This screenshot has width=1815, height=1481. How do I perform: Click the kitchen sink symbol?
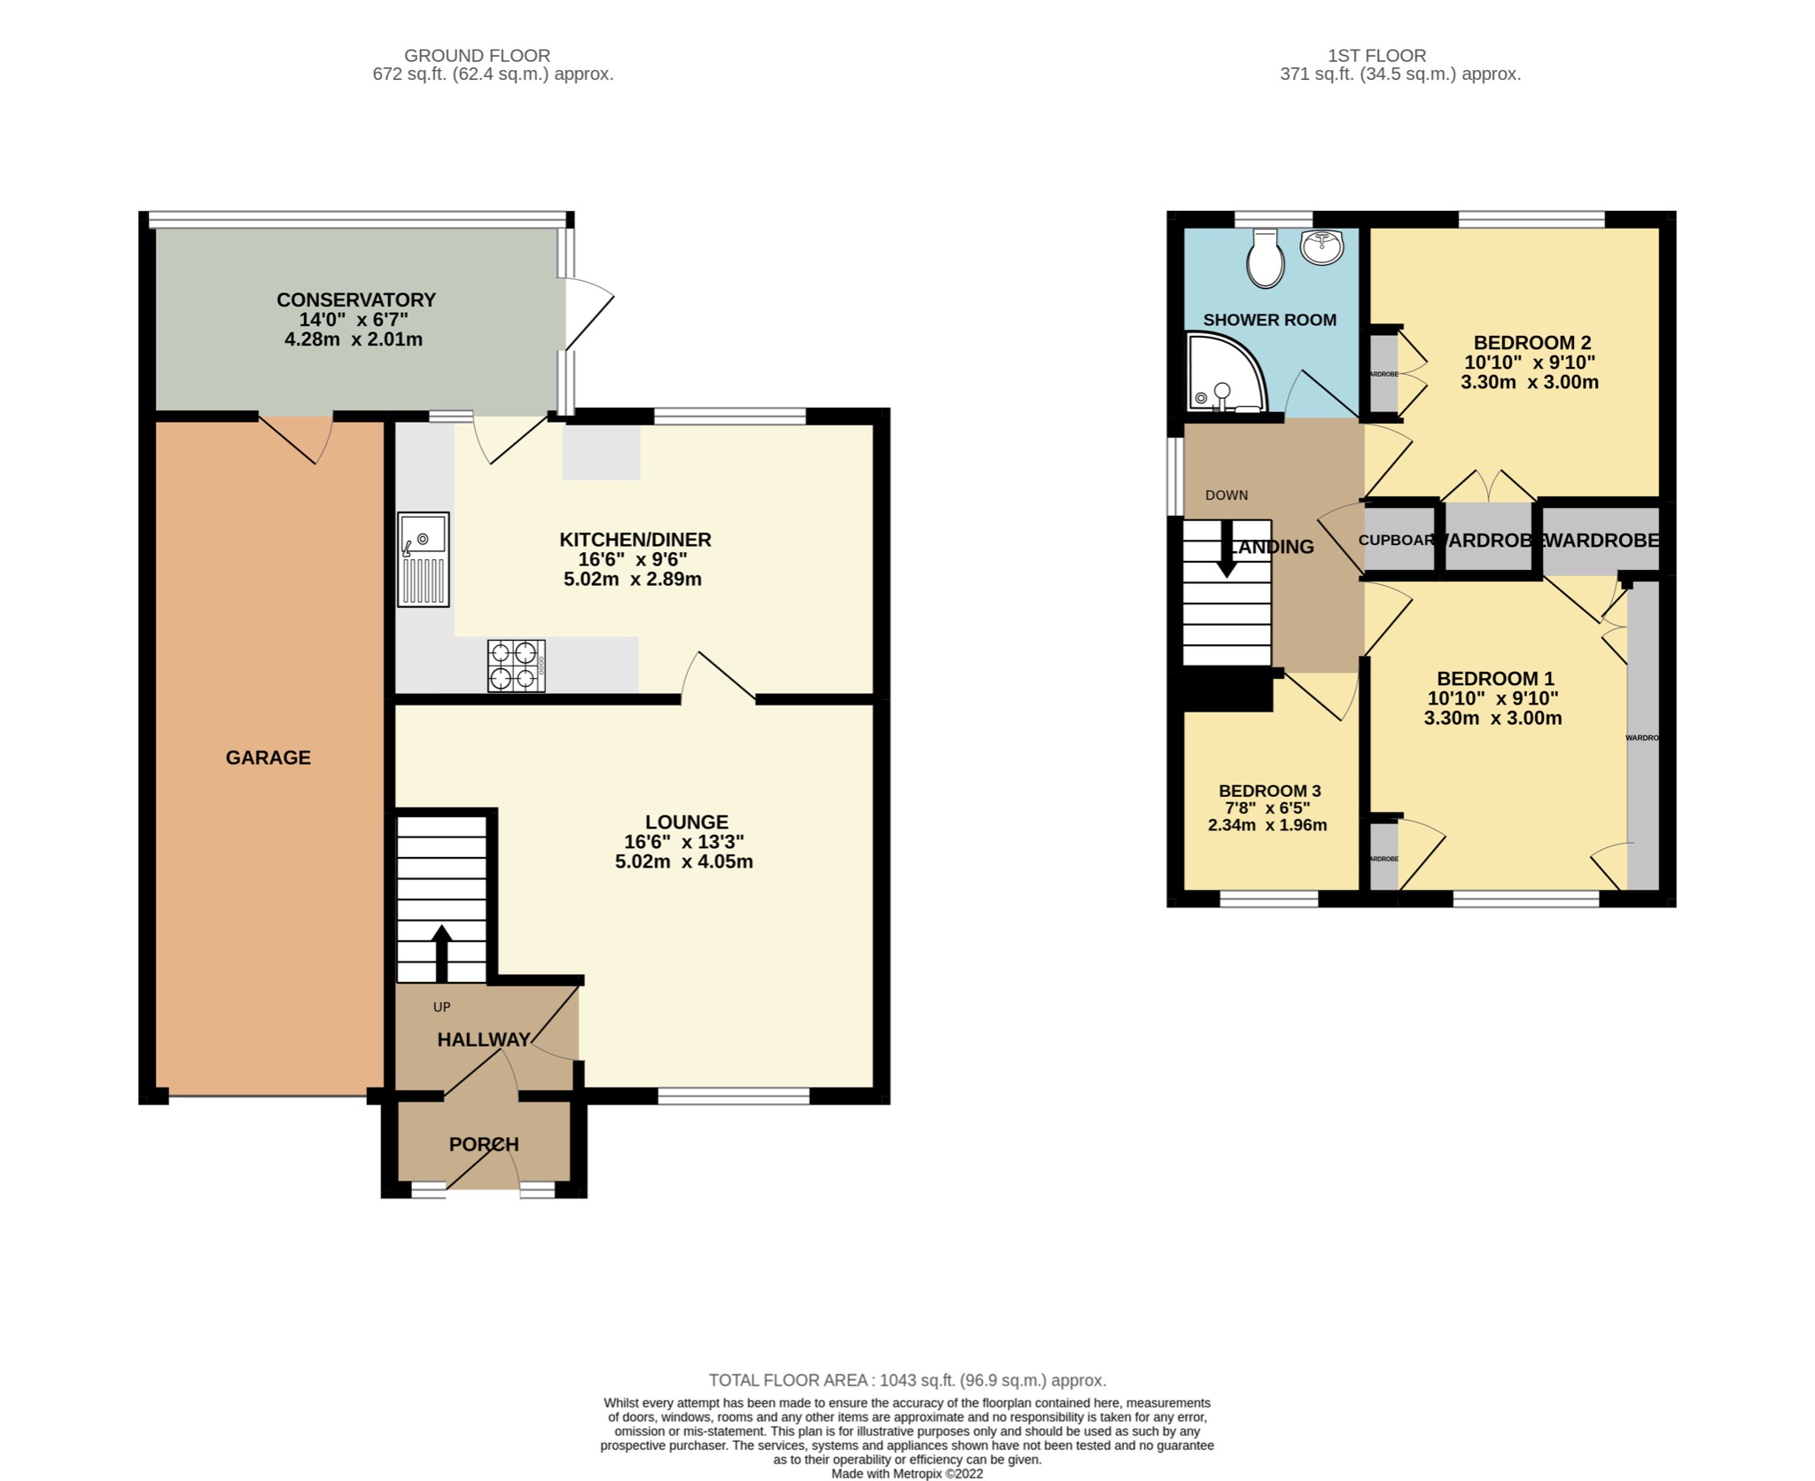click(x=424, y=559)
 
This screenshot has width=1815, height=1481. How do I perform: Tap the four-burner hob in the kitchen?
click(x=516, y=666)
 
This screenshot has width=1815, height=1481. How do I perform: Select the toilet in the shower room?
click(x=1265, y=259)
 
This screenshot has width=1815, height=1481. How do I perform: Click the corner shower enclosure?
click(x=1223, y=372)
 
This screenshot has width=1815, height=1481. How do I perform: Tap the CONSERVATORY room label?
click(x=355, y=300)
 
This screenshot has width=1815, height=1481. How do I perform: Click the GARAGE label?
click(x=268, y=758)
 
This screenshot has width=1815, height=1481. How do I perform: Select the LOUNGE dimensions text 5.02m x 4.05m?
click(x=683, y=861)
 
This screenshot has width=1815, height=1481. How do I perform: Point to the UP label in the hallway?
click(x=441, y=1007)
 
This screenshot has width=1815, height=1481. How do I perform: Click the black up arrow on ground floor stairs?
click(x=440, y=953)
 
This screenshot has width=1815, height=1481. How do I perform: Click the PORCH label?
click(x=483, y=1144)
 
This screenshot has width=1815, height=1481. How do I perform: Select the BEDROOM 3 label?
click(x=1269, y=791)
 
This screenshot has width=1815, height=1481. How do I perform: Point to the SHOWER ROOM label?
click(x=1269, y=320)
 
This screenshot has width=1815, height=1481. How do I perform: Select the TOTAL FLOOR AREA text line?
click(x=907, y=1380)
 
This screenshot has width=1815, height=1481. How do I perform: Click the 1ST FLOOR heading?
click(x=1376, y=56)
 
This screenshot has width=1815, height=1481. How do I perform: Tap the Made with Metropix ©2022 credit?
click(x=907, y=1474)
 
